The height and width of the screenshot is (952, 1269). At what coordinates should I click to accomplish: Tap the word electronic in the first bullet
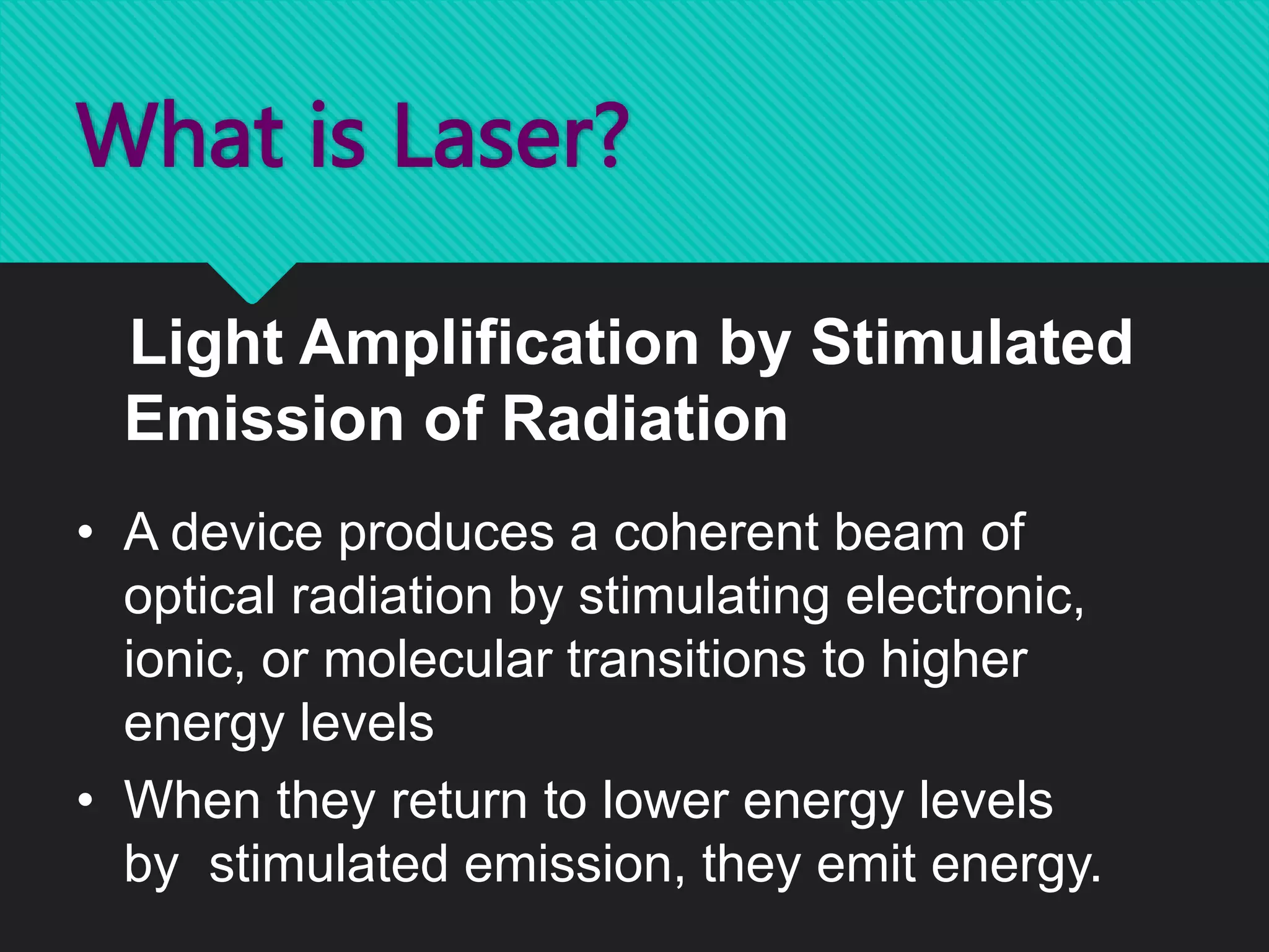point(964,596)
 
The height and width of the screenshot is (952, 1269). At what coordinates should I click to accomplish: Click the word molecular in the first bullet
point(437,659)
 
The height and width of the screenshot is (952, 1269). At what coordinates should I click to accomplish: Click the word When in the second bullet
point(192,801)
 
